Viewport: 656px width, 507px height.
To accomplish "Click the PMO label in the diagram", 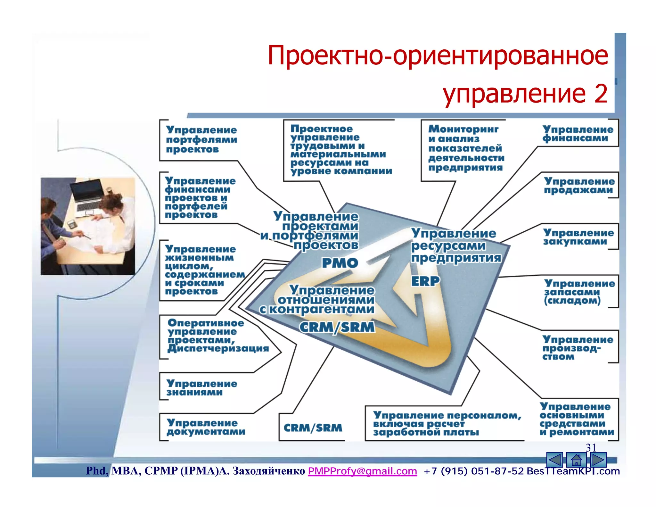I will coord(340,263).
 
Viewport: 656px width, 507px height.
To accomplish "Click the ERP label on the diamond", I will coord(425,281).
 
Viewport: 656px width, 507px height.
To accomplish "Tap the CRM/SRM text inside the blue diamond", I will coord(337,327).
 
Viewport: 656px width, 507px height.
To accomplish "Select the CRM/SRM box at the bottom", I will coord(313,428).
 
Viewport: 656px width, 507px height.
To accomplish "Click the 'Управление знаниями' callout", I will coord(202,388).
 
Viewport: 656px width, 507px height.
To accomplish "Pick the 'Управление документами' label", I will coord(206,427).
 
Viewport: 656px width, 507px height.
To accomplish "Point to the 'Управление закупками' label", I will coord(578,237).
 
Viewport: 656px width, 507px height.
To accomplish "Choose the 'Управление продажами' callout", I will coord(579,186).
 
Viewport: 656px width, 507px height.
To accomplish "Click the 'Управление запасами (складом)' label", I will coord(579,292).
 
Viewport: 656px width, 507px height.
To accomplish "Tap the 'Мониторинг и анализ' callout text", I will coord(466,148).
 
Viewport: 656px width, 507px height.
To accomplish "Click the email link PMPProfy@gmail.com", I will coord(362,471).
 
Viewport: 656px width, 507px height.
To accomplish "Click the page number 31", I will coord(591,447).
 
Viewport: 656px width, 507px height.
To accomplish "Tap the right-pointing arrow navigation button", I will coord(598,460).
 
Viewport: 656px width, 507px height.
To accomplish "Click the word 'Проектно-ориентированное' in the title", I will coord(438,56).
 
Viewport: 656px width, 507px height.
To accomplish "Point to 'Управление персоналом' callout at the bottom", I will coord(447,423).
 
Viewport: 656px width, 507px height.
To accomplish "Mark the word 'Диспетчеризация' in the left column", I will coord(218,348).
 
